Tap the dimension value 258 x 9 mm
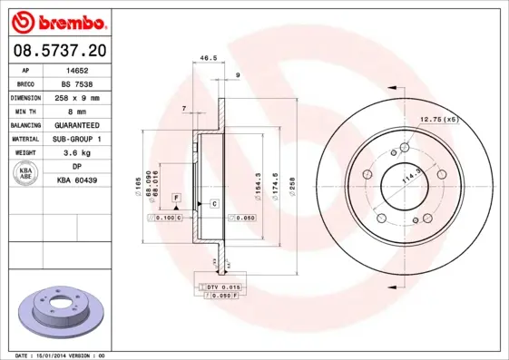pyautogui.click(x=77, y=97)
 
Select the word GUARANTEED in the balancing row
pyautogui.click(x=77, y=125)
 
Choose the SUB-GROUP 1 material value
pyautogui.click(x=77, y=139)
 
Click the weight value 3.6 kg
pyautogui.click(x=77, y=153)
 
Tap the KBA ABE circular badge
pyautogui.click(x=26, y=174)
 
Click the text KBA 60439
pyautogui.click(x=77, y=180)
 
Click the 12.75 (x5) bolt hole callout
pyautogui.click(x=438, y=120)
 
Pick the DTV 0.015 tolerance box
pyautogui.click(x=219, y=287)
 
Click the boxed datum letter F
pyautogui.click(x=176, y=197)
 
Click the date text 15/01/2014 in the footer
pyautogui.click(x=62, y=355)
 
